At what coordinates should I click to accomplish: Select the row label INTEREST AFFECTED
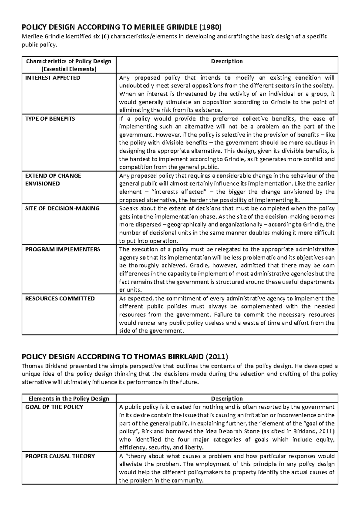[x=52, y=78]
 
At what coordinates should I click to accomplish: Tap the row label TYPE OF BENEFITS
[x=50, y=119]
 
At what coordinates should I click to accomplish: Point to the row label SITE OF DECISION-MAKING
[x=62, y=208]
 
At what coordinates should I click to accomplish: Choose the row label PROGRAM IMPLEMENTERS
[x=62, y=249]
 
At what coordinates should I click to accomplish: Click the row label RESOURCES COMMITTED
[x=60, y=298]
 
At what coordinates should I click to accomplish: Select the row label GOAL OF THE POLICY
[x=54, y=407]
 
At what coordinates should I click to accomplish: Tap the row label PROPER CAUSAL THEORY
[x=60, y=456]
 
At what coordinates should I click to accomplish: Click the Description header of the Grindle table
[x=227, y=61]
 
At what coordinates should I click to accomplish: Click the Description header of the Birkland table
[x=227, y=399]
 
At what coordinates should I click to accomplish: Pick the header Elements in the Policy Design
[x=69, y=399]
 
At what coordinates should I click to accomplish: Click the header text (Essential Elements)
[x=69, y=69]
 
